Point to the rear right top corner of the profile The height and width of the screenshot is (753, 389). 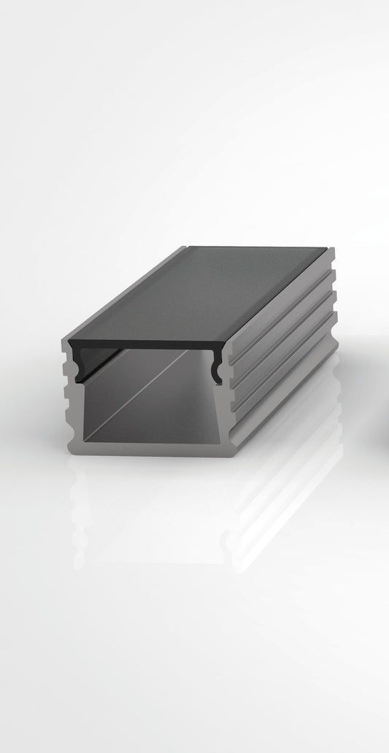tap(334, 250)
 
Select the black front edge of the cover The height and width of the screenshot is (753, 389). tap(146, 342)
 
